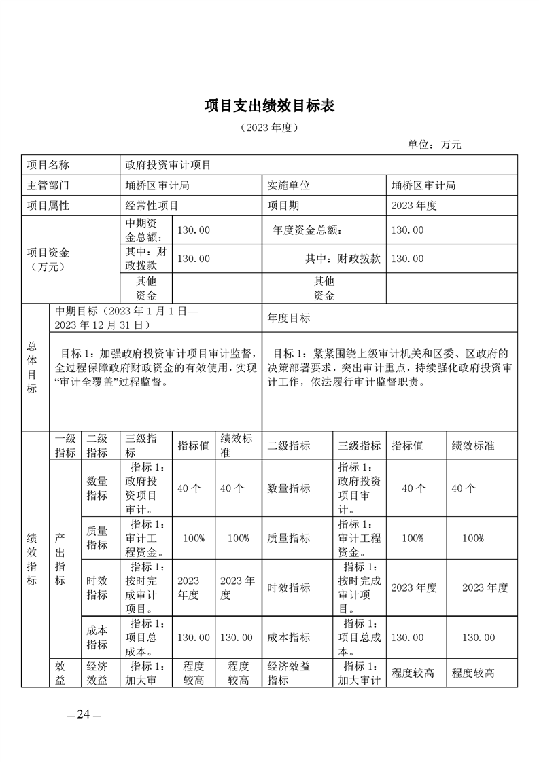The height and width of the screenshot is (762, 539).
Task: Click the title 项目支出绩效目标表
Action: (x=269, y=106)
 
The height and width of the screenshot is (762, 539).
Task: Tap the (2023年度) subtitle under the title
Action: (x=269, y=127)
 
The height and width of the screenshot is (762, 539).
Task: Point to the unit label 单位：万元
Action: (x=434, y=145)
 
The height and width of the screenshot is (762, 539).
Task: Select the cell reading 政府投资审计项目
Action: (x=168, y=165)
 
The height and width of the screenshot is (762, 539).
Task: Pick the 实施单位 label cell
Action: (x=289, y=185)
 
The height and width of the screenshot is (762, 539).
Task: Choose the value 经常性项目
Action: (x=152, y=206)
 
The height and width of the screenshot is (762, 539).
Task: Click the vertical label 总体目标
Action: (x=32, y=367)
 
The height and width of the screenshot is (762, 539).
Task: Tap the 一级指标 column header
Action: (x=65, y=446)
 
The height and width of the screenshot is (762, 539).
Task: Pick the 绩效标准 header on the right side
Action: (x=473, y=446)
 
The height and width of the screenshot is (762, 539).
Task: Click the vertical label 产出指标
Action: (x=60, y=558)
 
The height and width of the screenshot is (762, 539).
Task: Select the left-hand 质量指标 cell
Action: (x=97, y=538)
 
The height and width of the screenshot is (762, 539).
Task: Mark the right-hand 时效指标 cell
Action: (x=289, y=587)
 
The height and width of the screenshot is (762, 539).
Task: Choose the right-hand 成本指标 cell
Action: (x=289, y=638)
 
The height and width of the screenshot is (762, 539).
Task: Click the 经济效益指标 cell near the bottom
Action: (x=289, y=673)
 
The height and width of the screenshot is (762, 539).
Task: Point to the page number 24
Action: (x=84, y=714)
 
